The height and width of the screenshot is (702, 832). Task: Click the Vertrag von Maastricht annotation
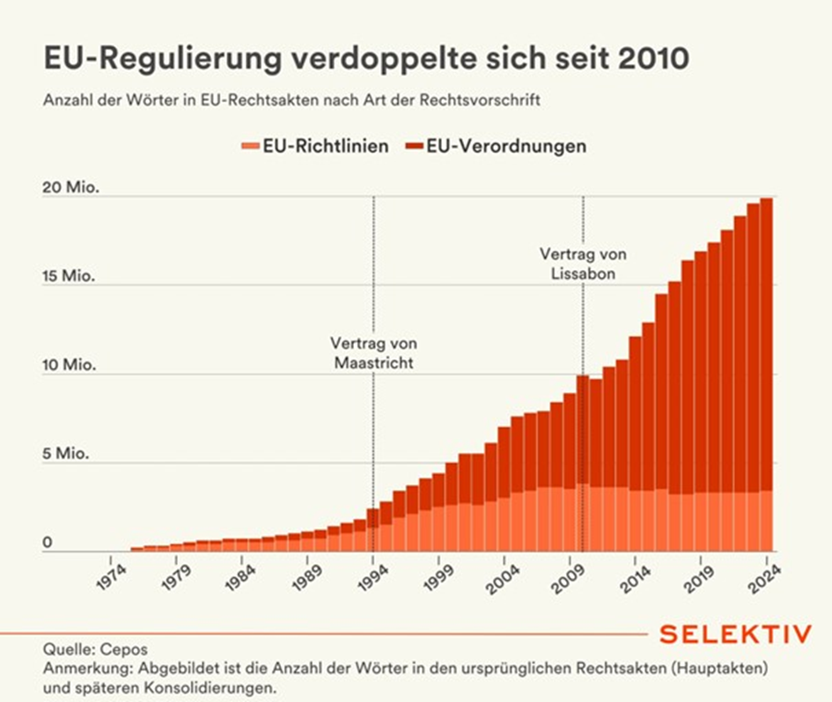tap(373, 352)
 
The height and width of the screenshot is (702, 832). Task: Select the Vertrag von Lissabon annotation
tap(583, 263)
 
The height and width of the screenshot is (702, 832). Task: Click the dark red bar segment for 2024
tap(767, 343)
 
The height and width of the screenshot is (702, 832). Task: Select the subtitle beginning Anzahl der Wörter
tap(291, 99)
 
